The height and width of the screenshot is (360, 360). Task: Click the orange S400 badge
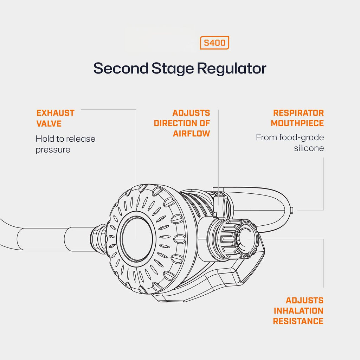tap(214, 43)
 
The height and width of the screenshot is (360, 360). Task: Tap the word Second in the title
tap(121, 68)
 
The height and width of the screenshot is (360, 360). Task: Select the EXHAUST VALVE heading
tap(55, 118)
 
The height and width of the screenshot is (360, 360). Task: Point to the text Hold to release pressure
tap(65, 144)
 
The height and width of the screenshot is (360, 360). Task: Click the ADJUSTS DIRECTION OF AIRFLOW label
tap(182, 123)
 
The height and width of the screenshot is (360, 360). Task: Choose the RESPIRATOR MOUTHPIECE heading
tap(298, 118)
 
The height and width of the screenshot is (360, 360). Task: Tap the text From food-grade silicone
tap(290, 143)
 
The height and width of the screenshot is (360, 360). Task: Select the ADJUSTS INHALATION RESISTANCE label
tap(298, 311)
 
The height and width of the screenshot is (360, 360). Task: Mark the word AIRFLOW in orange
tap(191, 134)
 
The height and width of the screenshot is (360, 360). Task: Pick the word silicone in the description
tap(309, 148)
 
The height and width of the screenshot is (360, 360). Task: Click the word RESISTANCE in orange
tap(298, 321)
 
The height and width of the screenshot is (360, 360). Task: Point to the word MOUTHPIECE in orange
tap(297, 123)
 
